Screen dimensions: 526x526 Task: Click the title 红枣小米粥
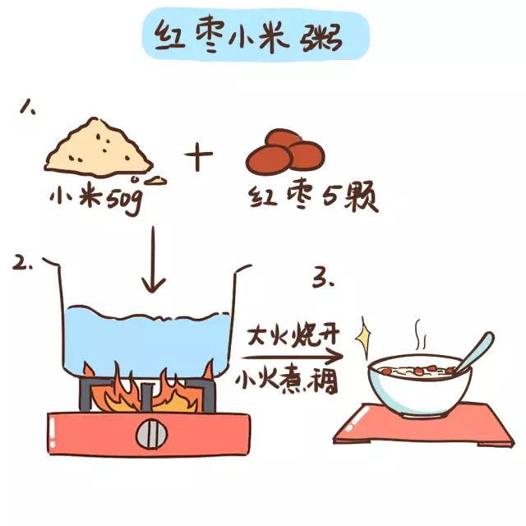248,37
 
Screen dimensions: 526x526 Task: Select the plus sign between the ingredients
199,156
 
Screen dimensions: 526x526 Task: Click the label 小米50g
96,199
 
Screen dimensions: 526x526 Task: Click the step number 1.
28,107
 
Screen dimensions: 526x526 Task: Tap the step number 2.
22,262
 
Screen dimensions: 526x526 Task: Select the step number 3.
324,278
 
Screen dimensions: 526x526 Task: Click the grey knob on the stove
151,434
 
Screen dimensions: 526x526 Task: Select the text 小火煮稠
286,381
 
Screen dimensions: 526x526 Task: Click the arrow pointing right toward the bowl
291,358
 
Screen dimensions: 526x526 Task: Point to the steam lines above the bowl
420,335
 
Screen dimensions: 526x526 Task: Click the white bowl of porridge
420,385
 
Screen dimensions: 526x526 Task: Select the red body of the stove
150,434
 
